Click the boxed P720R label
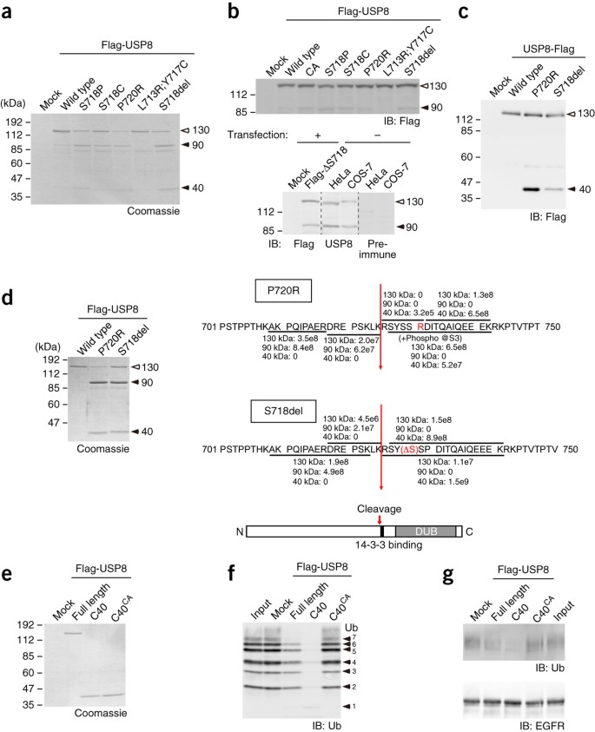tap(283, 291)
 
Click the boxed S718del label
tap(283, 412)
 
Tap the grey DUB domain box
tap(426, 531)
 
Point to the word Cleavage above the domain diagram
tap(380, 508)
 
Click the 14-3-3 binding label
tap(388, 544)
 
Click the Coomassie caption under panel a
tap(153, 211)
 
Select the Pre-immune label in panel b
tap(377, 249)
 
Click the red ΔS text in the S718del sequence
tap(408, 449)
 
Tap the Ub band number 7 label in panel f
tap(354, 637)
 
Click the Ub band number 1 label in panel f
tap(354, 706)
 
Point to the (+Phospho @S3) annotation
tap(425, 338)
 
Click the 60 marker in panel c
tap(467, 157)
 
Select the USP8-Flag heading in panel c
tap(548, 49)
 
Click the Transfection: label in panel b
tap(257, 135)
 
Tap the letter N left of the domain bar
tap(240, 531)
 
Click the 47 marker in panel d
tap(54, 423)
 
